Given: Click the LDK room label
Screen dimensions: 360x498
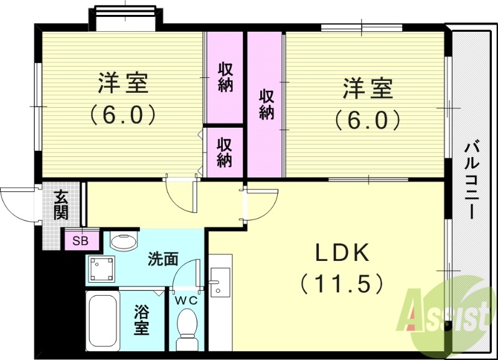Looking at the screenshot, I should pos(342,253).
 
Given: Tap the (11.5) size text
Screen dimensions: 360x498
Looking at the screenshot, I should pos(341,284).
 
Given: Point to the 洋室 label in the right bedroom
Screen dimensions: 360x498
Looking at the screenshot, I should pos(367,88).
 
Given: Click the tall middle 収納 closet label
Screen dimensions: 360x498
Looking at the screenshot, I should pos(266,105).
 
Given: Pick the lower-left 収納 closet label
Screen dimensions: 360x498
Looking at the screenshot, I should pos(225,153).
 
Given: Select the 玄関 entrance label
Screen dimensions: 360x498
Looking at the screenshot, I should pos(60,205).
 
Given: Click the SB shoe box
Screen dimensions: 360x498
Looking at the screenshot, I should pos(80,240).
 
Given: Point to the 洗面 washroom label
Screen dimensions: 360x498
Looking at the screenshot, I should pos(164,258).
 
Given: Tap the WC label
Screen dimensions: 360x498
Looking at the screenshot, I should pos(186,300).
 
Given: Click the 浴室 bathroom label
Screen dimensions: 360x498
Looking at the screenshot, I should pos(142,320).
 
